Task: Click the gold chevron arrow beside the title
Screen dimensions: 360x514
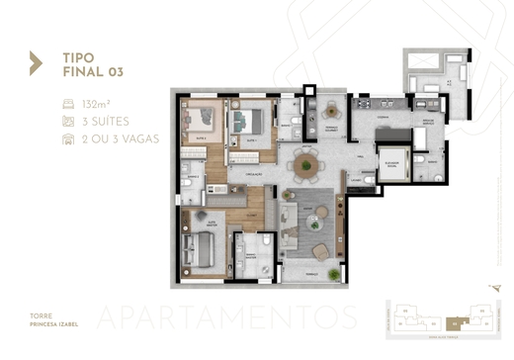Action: (x=36, y=63)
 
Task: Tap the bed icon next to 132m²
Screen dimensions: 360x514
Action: (x=67, y=103)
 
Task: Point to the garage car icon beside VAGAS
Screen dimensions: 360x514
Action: (x=67, y=138)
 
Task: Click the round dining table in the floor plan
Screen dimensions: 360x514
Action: (x=305, y=163)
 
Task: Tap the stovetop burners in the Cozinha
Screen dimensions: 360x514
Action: (x=363, y=103)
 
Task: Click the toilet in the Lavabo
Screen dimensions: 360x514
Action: (x=368, y=180)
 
